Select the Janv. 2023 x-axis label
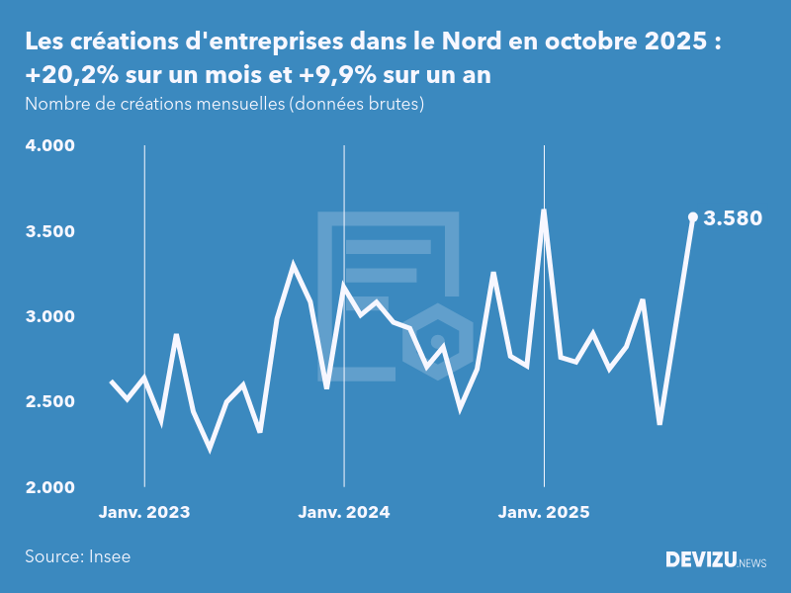144,512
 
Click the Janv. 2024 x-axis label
344,512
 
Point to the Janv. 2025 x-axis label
544,512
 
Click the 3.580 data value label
733,218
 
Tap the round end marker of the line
693,216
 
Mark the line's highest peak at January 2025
544,211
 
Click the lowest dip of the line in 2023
210,448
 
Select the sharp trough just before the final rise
659,423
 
